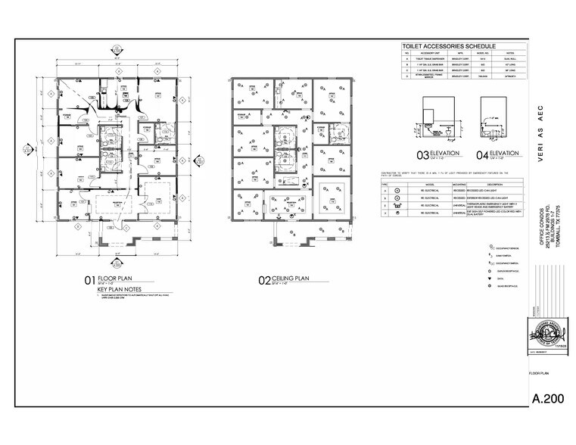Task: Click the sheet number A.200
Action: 549,398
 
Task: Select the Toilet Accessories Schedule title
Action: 437,47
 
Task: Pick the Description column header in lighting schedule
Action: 473,182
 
